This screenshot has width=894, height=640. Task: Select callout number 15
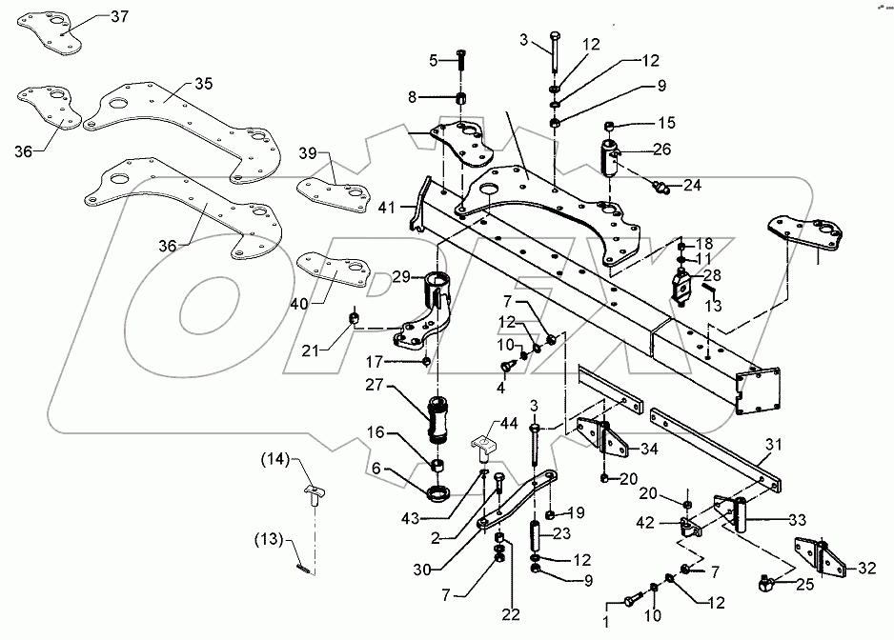pos(664,122)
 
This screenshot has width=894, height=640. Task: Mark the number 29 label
pos(401,276)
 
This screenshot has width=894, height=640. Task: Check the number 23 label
pos(561,533)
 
